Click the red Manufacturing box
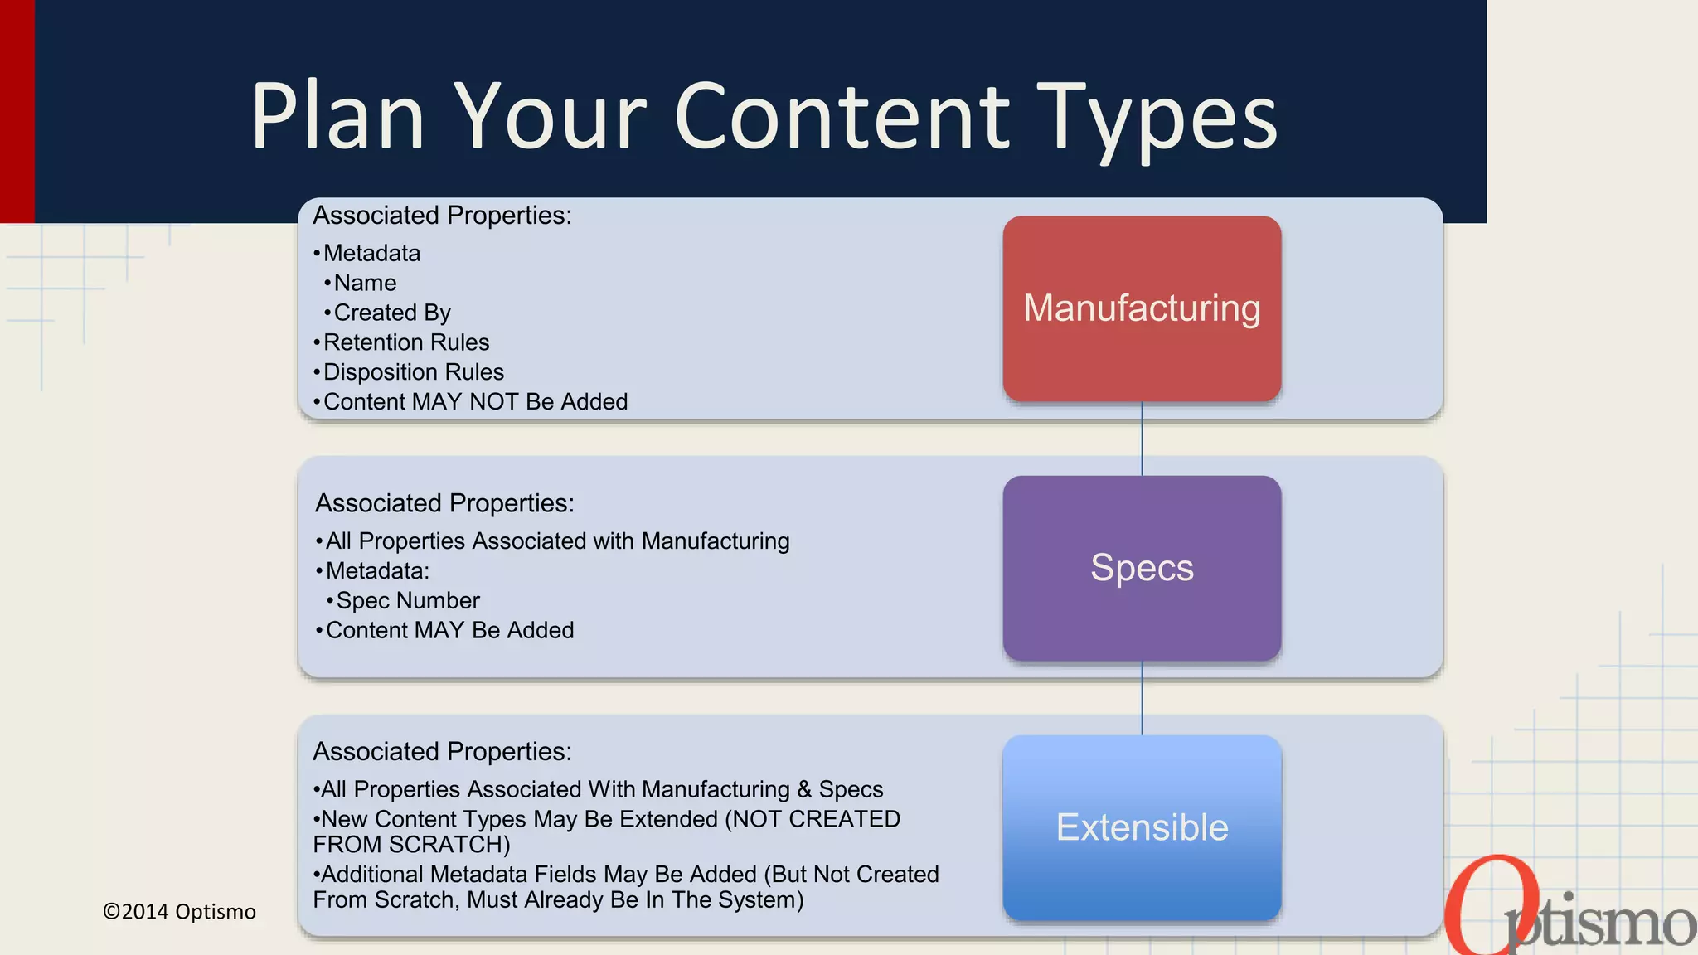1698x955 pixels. [x=1142, y=308]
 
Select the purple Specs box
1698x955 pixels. [x=1142, y=568]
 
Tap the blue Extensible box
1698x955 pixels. [x=1142, y=827]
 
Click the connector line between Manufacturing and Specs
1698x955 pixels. [x=1143, y=439]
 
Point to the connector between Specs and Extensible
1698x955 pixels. [x=1143, y=698]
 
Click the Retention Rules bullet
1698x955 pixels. [x=405, y=342]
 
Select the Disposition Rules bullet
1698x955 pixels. [x=413, y=372]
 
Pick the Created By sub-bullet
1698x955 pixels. [x=391, y=313]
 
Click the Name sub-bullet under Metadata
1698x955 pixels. [x=365, y=283]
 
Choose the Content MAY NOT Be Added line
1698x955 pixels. [x=475, y=402]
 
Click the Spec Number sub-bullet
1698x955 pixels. [x=407, y=600]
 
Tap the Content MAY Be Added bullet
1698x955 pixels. [x=449, y=630]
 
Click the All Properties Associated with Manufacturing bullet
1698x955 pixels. [x=557, y=541]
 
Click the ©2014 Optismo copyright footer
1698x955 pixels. [x=179, y=912]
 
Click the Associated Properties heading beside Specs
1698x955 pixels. [x=444, y=503]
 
